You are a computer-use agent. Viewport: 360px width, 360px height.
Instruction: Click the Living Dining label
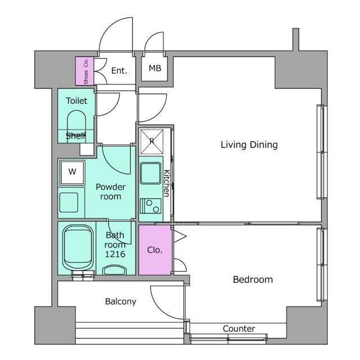tap(249, 145)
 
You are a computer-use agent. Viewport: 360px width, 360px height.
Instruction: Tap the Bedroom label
tap(253, 280)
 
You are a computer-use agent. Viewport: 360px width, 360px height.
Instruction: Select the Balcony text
tap(121, 301)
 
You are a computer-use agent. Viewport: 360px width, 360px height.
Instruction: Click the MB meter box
tap(154, 69)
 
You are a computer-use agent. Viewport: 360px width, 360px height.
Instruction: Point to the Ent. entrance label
tap(119, 71)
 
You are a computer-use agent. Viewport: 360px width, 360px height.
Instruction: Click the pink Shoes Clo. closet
tap(85, 71)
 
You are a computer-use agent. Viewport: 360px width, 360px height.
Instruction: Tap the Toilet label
tap(76, 101)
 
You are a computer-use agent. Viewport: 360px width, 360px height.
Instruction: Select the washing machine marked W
tap(73, 173)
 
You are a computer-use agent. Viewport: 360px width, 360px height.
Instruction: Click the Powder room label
tap(111, 192)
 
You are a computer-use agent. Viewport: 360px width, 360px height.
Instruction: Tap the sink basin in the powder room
tap(69, 202)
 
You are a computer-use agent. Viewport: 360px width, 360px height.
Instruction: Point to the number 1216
tap(115, 254)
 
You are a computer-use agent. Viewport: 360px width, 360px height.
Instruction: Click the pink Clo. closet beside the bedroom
tap(155, 250)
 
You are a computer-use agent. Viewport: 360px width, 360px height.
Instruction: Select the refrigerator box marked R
tap(151, 142)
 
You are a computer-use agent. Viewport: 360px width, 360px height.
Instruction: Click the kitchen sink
tap(151, 173)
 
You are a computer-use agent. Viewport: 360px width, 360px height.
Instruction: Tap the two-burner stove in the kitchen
tap(151, 206)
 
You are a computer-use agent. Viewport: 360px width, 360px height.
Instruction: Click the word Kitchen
tap(166, 183)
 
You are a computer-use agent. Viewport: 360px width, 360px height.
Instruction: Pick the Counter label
tap(238, 328)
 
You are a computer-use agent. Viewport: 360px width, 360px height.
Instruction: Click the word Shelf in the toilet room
tap(76, 136)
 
